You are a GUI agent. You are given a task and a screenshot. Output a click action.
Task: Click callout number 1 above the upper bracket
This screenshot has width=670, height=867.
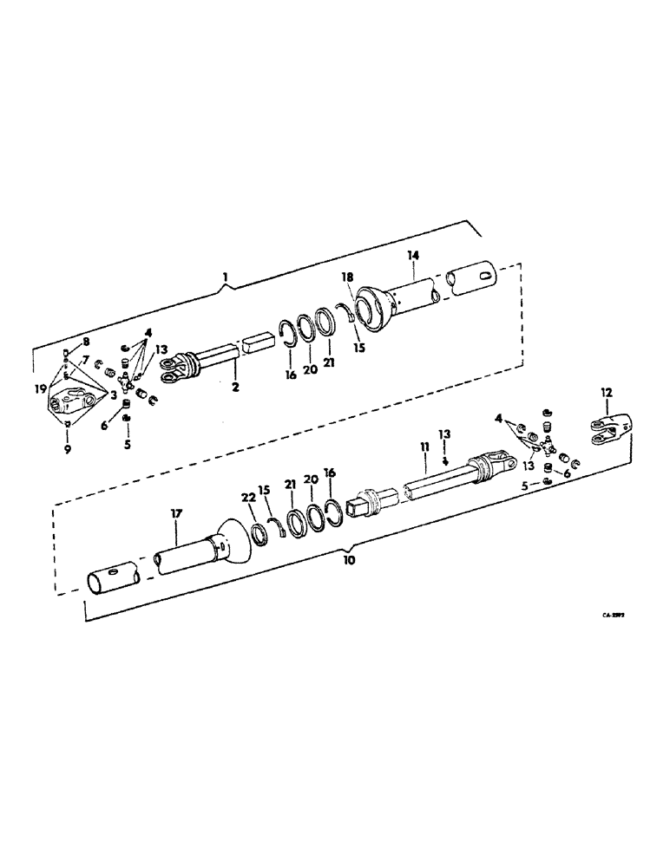point(224,277)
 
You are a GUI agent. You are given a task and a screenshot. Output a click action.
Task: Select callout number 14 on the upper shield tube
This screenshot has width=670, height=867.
point(412,256)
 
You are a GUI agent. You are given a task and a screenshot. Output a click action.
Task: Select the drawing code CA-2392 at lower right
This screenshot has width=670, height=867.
point(614,611)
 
